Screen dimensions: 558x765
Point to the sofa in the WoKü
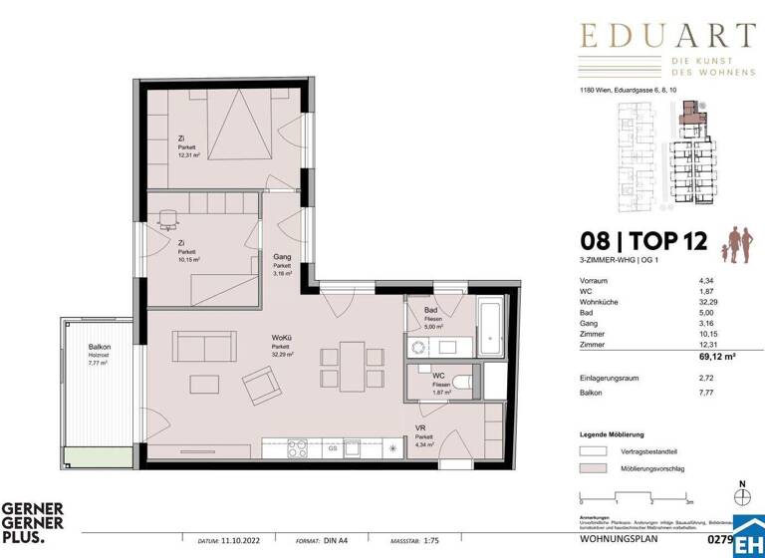(x=204, y=347)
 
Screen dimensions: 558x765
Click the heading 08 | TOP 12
(x=638, y=239)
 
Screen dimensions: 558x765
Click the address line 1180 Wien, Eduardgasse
(x=621, y=91)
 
